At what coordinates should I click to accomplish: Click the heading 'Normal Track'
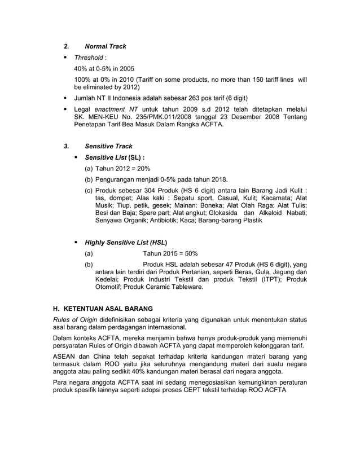105,46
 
